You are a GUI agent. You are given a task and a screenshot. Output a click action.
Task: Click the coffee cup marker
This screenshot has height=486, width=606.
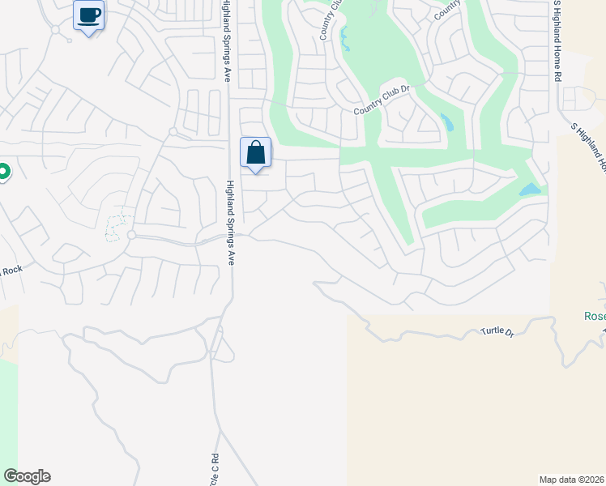coord(89,15)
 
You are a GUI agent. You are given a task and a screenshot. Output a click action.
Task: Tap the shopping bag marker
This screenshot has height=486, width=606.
coord(255,152)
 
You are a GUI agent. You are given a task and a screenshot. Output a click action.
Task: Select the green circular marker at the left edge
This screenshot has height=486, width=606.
coord(2,172)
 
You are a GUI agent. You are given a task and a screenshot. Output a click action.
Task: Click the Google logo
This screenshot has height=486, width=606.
coord(27,476)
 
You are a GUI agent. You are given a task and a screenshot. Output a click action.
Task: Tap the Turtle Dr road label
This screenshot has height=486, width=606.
coord(498,331)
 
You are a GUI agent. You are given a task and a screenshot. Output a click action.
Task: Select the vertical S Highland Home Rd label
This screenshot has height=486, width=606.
coord(557,40)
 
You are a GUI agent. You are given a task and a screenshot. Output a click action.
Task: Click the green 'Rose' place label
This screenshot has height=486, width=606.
coord(595,316)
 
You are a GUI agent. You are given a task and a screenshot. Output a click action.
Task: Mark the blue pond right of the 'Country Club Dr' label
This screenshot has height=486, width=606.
coord(446,122)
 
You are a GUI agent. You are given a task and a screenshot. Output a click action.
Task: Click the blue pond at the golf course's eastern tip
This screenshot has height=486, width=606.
coord(529,190)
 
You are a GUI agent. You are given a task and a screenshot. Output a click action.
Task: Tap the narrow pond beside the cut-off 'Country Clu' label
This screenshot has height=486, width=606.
coord(346,38)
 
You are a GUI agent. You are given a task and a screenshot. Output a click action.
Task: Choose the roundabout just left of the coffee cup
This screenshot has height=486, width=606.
coord(55,29)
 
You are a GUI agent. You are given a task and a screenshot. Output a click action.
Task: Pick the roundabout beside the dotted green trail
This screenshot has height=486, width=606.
coord(130,235)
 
